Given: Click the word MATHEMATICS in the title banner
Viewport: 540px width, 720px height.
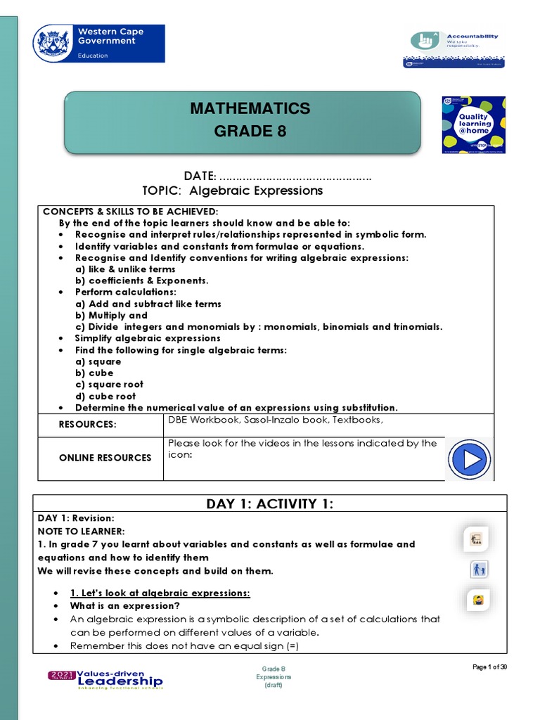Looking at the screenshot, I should point(250,108).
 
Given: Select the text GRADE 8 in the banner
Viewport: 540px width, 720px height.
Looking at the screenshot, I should point(250,131).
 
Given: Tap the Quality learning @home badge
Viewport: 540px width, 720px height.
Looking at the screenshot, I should point(473,124).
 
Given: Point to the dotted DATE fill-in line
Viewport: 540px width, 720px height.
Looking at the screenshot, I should point(295,176).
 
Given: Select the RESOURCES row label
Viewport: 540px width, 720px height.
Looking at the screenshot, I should point(87,425).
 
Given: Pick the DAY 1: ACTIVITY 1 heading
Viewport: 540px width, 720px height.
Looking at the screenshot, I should point(269,503).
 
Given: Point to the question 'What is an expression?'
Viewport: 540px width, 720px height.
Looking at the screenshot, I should point(124,605).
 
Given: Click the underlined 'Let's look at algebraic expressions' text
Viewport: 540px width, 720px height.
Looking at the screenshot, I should point(160,593).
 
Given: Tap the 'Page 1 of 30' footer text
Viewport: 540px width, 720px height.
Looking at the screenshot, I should point(489,667).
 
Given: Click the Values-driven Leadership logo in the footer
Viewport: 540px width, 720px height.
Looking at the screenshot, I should point(105,679).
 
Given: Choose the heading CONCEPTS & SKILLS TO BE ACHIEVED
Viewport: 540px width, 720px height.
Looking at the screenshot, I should point(131,212).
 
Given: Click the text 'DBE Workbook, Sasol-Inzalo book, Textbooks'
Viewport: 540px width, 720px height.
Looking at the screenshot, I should point(275,420).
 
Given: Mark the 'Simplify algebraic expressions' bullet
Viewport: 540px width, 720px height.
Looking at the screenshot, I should point(148,338).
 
